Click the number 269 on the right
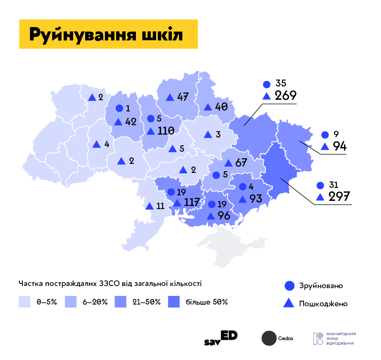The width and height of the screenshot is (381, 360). tap(286, 95)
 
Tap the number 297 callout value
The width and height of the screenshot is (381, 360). tap(340, 197)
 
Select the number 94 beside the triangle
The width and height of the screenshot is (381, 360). tap(340, 146)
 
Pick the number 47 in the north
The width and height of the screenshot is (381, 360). tap(183, 97)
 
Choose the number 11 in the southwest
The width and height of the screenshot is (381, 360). tap(160, 206)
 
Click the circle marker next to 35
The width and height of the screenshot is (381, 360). tap(267, 84)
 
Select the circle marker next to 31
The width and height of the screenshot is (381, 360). tap(320, 185)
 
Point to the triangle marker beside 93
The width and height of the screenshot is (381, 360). tap(243, 199)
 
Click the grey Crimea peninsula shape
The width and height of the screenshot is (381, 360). tap(224, 245)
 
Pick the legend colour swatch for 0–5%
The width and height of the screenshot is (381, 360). tap(25, 302)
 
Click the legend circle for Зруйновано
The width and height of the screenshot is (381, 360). tap(289, 286)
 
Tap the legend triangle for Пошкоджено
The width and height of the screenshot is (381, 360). tap(289, 303)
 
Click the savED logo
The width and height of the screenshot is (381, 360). tap(221, 338)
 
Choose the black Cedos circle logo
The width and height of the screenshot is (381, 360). tap(269, 338)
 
